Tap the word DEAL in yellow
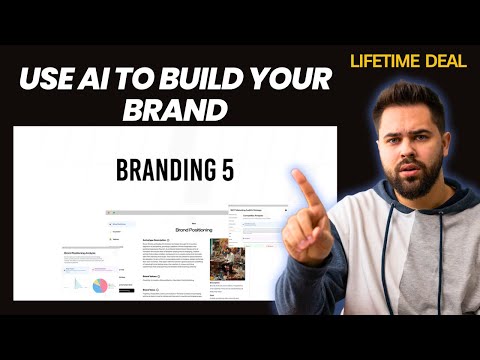446,61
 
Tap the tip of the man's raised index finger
299,177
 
